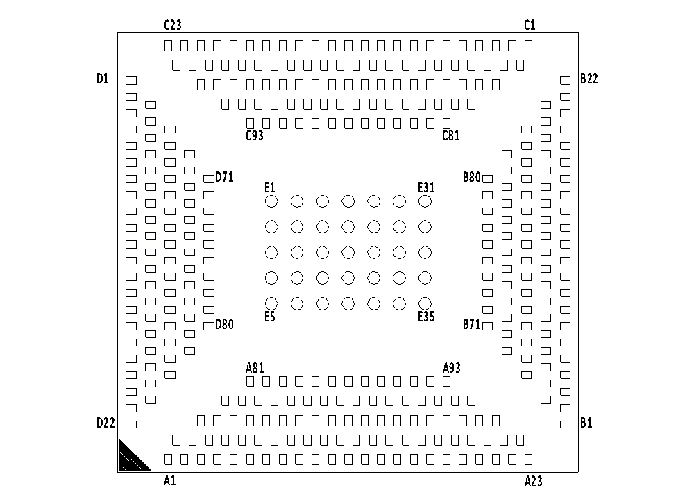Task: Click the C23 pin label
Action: pos(172,25)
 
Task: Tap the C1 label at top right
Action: pos(530,25)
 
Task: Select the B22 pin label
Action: pos(589,78)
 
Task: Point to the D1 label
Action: pos(103,78)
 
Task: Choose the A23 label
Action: pos(533,480)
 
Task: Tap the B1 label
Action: pos(586,423)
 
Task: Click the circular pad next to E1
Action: pos(271,201)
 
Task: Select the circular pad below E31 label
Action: pos(425,201)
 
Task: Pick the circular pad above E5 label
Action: pos(271,303)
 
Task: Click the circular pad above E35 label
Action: pos(425,303)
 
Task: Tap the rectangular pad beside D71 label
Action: pos(208,178)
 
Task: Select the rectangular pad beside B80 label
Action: pos(487,178)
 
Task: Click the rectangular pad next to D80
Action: pos(208,326)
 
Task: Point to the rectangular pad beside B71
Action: pos(487,326)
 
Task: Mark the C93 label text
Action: pos(255,135)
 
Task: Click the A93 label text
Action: pos(452,368)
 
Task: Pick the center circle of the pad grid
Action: pos(348,252)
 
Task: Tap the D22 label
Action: pos(105,423)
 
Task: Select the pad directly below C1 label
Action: pos(529,46)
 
